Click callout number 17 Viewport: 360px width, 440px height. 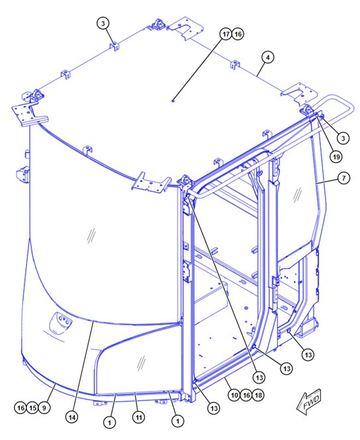point(226,34)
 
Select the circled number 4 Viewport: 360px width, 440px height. point(268,58)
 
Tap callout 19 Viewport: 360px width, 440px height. point(336,157)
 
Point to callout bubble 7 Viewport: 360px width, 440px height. point(343,178)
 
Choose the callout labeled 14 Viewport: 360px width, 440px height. point(72,417)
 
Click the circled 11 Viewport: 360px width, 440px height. point(139,417)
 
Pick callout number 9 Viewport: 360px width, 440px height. point(44,408)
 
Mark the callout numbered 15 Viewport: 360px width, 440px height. point(32,408)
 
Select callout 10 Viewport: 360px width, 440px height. point(234,395)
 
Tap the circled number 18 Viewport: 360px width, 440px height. point(258,395)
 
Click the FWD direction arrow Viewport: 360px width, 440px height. point(308,402)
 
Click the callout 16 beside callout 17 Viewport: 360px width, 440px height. point(238,34)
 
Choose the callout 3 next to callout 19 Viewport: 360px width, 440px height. point(343,138)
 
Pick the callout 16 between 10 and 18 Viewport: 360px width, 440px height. point(246,395)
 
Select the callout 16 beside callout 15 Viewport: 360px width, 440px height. point(21,408)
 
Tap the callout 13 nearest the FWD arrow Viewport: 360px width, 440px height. point(308,355)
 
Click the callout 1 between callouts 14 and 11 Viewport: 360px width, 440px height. point(109,422)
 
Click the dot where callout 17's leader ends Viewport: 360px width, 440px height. point(173,101)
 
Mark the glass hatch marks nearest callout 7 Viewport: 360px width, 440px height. point(298,195)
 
